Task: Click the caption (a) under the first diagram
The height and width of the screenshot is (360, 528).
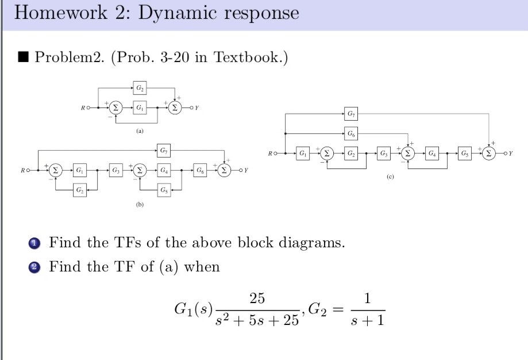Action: [x=140, y=131]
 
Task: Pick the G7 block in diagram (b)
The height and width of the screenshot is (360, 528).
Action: [x=165, y=151]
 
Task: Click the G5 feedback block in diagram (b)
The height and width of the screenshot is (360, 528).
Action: [x=165, y=190]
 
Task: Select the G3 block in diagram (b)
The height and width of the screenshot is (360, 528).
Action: [x=116, y=170]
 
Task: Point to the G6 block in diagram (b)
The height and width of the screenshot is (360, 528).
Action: [x=199, y=170]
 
